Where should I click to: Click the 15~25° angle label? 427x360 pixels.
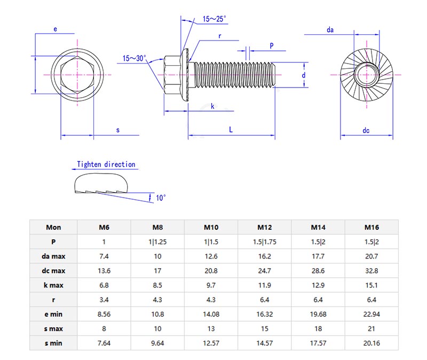(x=215, y=19)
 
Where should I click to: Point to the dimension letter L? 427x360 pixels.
(x=231, y=129)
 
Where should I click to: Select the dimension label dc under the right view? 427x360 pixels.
(x=366, y=130)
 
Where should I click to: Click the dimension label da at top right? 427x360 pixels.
(x=330, y=30)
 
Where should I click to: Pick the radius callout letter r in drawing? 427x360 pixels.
(x=219, y=36)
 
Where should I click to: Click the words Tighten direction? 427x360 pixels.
(x=106, y=165)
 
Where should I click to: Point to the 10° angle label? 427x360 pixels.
(x=161, y=198)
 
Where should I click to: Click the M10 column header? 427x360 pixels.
(x=211, y=227)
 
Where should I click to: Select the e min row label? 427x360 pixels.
(x=53, y=314)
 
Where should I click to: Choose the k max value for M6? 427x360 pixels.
(x=104, y=285)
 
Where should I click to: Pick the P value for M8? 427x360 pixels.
(x=157, y=242)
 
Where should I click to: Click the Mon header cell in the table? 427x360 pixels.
(x=53, y=227)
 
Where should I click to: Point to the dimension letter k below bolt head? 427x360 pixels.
(x=212, y=107)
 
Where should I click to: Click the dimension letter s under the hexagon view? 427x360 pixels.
(x=118, y=130)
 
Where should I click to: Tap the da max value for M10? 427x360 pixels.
(x=211, y=256)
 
